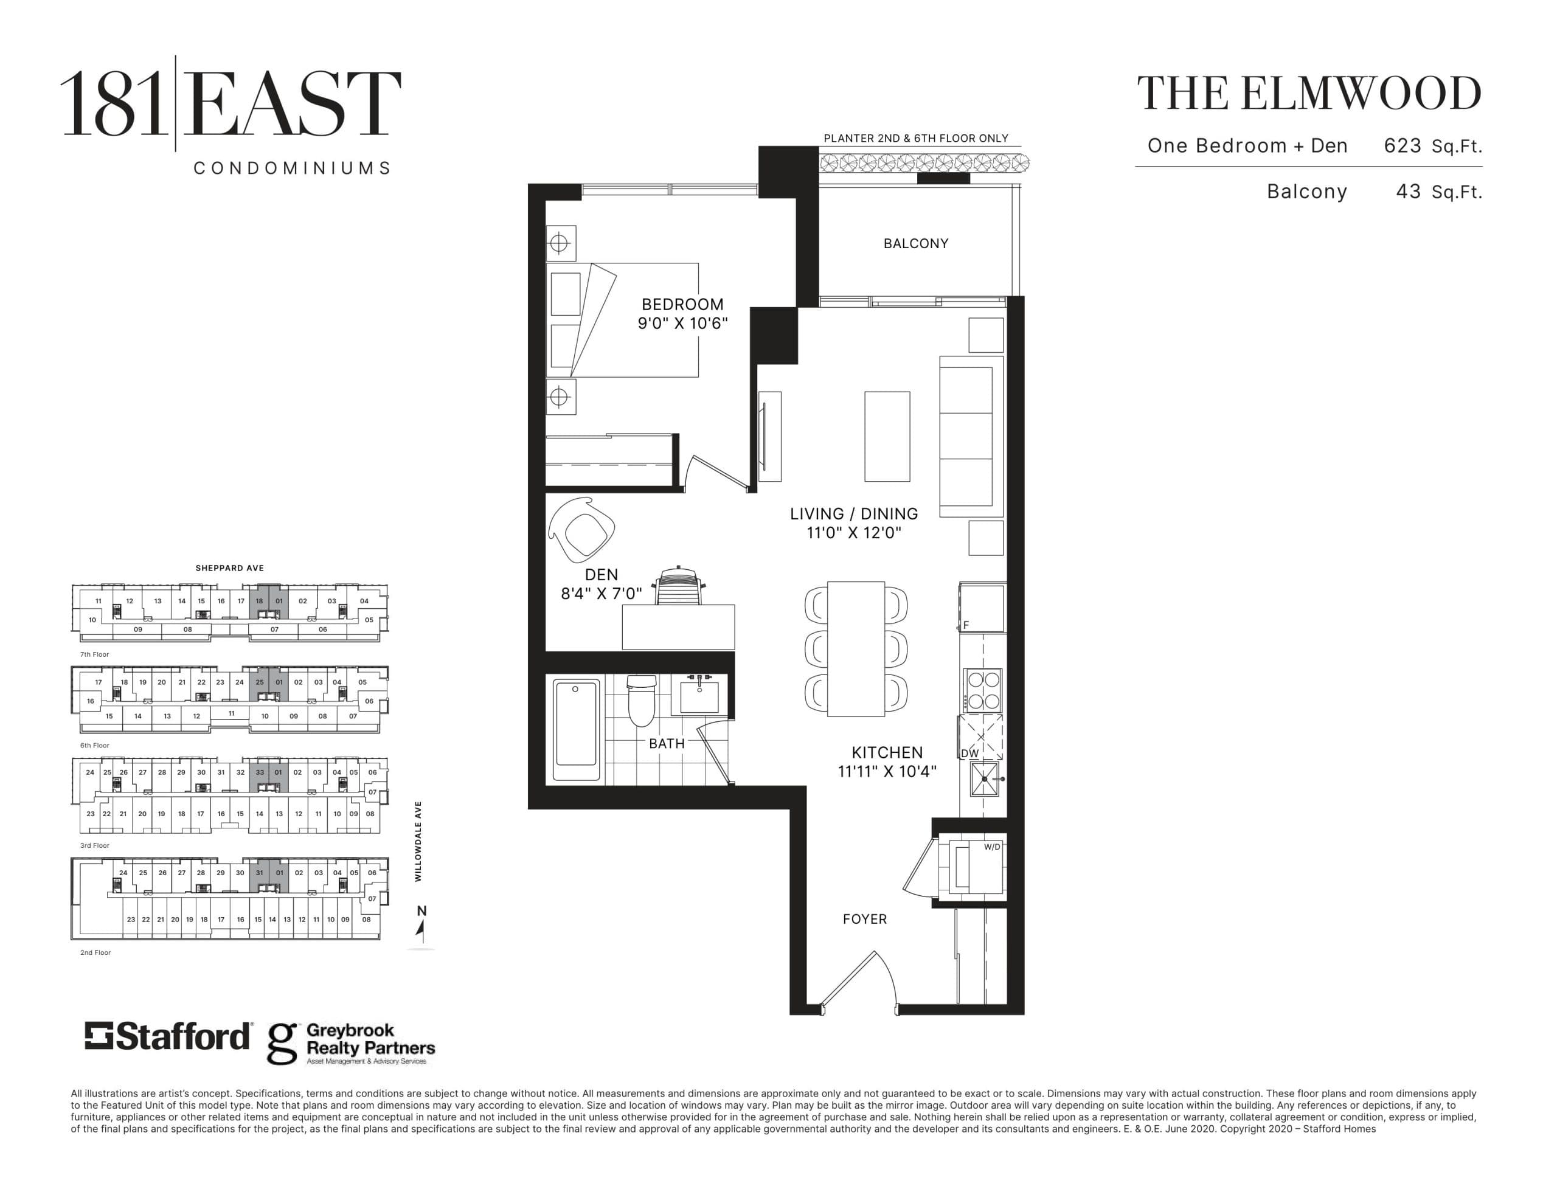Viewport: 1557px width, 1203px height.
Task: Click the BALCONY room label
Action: [x=915, y=243]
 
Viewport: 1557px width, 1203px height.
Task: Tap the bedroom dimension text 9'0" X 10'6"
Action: [x=682, y=323]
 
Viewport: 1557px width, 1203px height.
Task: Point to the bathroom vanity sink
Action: [x=699, y=693]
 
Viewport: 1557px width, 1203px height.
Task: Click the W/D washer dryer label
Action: [x=991, y=847]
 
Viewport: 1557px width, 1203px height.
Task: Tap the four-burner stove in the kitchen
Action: [x=982, y=690]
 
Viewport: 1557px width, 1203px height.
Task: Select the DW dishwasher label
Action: [x=969, y=753]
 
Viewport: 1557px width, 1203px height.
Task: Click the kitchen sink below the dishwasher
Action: [x=985, y=778]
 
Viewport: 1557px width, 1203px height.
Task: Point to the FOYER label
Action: [x=865, y=919]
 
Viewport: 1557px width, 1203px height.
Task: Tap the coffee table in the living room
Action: [x=887, y=437]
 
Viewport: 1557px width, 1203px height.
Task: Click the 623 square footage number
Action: [x=1403, y=145]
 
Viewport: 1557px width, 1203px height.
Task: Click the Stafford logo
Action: [x=168, y=1036]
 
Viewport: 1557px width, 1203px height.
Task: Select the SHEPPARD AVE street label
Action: [x=229, y=568]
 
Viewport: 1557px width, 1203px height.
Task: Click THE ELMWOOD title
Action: [x=1309, y=94]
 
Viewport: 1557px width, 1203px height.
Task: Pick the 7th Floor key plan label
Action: [x=95, y=654]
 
